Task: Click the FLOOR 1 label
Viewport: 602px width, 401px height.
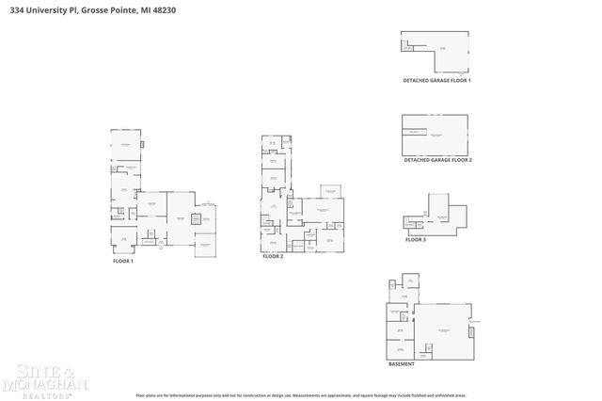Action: coord(122,261)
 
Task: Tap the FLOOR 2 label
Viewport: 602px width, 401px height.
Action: coord(273,256)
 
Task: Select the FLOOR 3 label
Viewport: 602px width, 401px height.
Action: coord(416,240)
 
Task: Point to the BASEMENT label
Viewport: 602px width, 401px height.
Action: coord(402,363)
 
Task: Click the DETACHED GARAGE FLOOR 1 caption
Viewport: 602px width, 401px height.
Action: coord(436,81)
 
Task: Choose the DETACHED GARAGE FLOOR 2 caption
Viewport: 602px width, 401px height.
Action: coord(437,160)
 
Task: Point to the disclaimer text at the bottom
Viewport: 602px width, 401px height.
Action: coord(301,395)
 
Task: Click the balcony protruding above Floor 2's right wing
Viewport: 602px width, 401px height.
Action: coord(330,191)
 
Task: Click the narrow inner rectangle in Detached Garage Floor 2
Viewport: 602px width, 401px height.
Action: coord(413,132)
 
